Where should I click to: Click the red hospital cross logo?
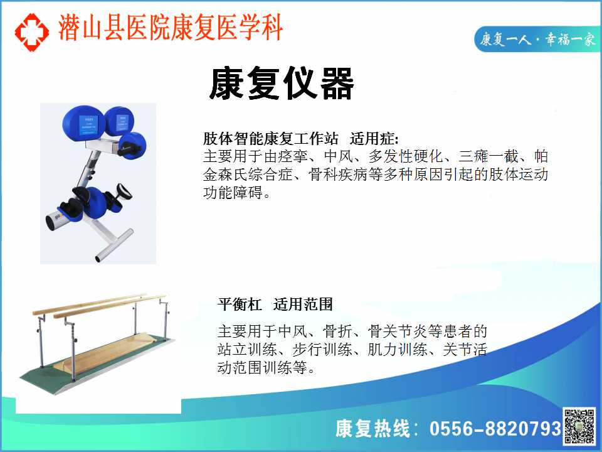tap(31, 32)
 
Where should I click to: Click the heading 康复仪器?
tap(282, 83)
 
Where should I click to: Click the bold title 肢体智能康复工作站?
tap(271, 138)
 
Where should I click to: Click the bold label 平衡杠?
tap(240, 304)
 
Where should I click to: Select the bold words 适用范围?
tap(303, 304)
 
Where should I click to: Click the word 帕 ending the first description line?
tap(541, 156)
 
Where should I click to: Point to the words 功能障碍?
tap(233, 192)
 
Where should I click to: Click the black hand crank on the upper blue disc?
tap(130, 147)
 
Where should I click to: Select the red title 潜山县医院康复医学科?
tap(171, 28)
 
